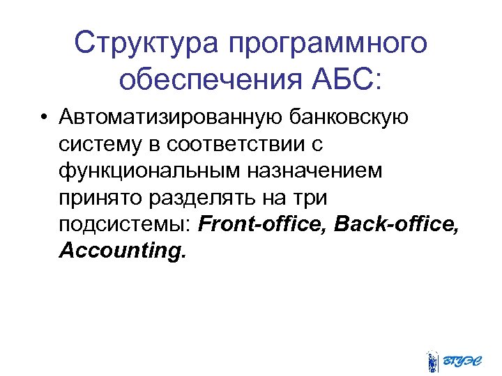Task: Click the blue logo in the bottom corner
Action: tap(455, 360)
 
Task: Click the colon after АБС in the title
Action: tap(379, 81)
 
